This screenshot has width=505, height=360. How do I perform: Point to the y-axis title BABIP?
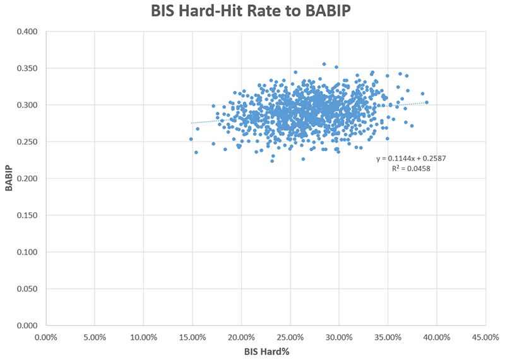coord(10,179)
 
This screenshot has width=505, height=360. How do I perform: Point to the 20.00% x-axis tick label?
coord(241,335)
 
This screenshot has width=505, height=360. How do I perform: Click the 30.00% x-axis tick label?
coord(339,335)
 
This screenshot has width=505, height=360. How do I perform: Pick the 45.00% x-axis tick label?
coord(485,335)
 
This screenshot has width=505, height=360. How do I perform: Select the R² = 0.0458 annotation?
coord(411,169)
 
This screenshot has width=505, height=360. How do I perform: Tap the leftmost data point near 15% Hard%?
coord(191,139)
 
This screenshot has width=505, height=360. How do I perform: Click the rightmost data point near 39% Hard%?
coord(427,102)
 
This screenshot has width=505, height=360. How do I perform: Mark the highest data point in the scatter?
coord(324,64)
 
